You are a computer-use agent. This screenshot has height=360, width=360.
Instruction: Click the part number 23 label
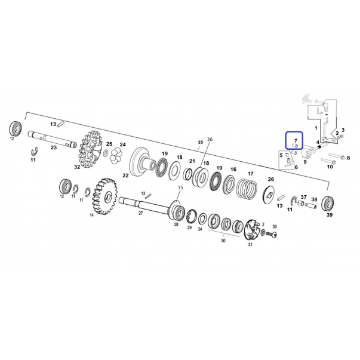[54, 147]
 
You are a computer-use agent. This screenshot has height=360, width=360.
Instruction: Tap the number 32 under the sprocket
[77, 167]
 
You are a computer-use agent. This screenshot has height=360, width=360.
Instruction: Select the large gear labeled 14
[105, 196]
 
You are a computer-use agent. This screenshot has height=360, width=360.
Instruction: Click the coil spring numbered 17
[247, 189]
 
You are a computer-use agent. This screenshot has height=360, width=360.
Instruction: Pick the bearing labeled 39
[327, 204]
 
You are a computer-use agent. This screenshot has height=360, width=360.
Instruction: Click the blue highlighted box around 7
[294, 140]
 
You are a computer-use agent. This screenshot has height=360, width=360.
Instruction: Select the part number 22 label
[125, 176]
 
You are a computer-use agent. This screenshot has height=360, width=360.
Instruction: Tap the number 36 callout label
[210, 139]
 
